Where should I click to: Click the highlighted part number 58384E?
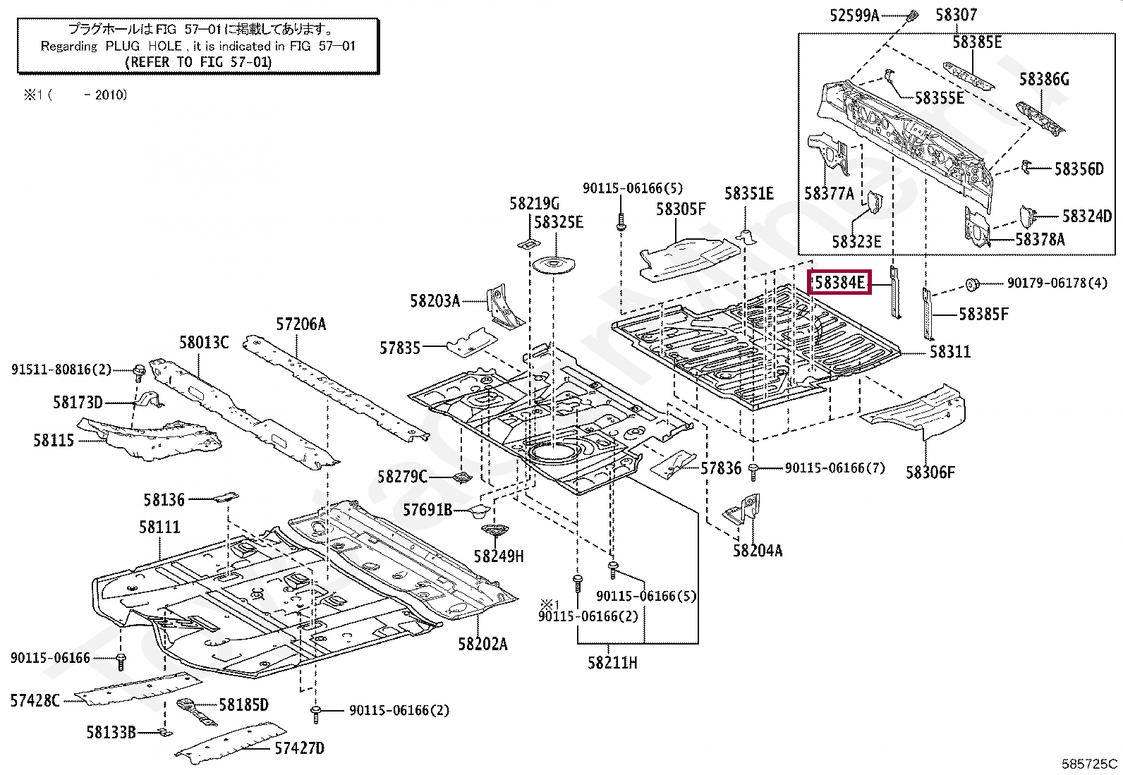[839, 283]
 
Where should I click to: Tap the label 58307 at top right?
[957, 14]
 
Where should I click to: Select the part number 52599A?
[854, 14]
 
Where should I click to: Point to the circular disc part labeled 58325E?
[553, 264]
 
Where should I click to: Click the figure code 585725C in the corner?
[1090, 763]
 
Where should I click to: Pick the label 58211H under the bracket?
[612, 662]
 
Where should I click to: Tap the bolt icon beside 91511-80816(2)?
[139, 370]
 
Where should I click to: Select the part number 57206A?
[301, 324]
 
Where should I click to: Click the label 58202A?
[482, 643]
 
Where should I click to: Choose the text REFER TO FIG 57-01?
[198, 61]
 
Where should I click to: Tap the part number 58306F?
[930, 472]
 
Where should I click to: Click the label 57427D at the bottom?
[299, 748]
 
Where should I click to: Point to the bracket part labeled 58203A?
[503, 306]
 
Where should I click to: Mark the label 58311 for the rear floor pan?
[949, 351]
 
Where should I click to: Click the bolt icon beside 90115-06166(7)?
[755, 468]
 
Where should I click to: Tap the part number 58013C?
[203, 343]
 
